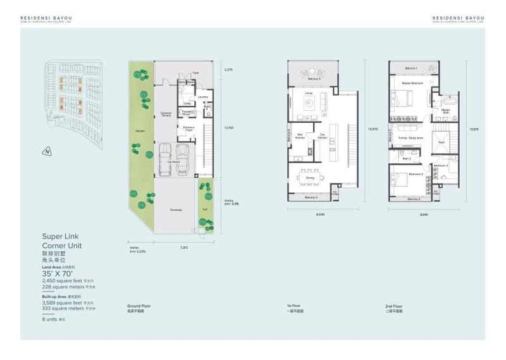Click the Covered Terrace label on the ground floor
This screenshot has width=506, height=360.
point(166,115)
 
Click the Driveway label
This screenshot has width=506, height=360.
point(175,209)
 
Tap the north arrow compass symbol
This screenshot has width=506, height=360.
point(46,151)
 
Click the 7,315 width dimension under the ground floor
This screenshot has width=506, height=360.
point(183,247)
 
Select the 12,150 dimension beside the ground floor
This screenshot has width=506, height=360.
point(229,127)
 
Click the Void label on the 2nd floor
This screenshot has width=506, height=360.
point(441,142)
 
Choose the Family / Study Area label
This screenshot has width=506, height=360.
point(410,137)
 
